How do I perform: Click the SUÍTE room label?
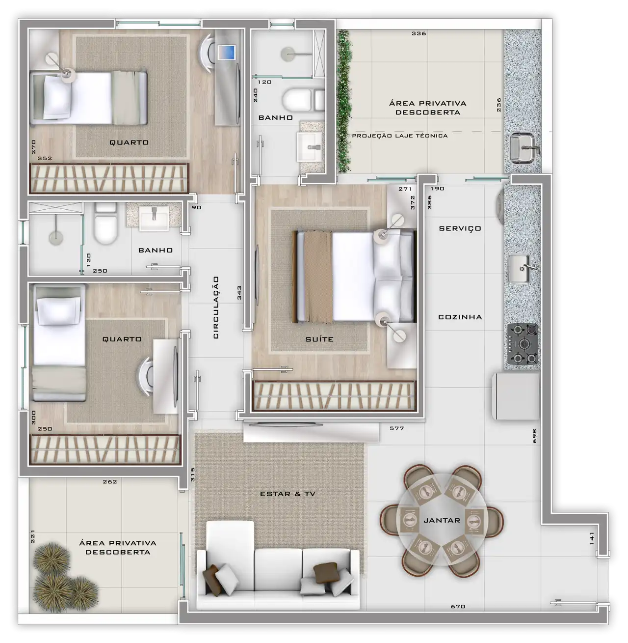click(319, 339)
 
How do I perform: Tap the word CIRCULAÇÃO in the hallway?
click(216, 308)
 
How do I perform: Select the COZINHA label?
click(460, 317)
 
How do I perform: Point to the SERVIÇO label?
click(460, 228)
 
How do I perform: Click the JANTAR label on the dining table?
click(442, 520)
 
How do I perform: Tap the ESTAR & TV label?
click(288, 494)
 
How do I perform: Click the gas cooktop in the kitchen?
click(523, 344)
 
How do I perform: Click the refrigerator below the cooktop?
click(515, 396)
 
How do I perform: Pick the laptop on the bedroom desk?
click(226, 52)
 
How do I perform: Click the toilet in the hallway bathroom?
click(105, 224)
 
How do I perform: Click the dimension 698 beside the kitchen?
click(535, 436)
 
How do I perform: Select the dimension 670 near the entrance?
click(458, 606)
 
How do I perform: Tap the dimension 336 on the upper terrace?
click(419, 33)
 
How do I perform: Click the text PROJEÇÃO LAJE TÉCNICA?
click(400, 136)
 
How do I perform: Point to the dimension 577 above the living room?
click(396, 428)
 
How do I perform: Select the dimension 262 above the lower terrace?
click(110, 482)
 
